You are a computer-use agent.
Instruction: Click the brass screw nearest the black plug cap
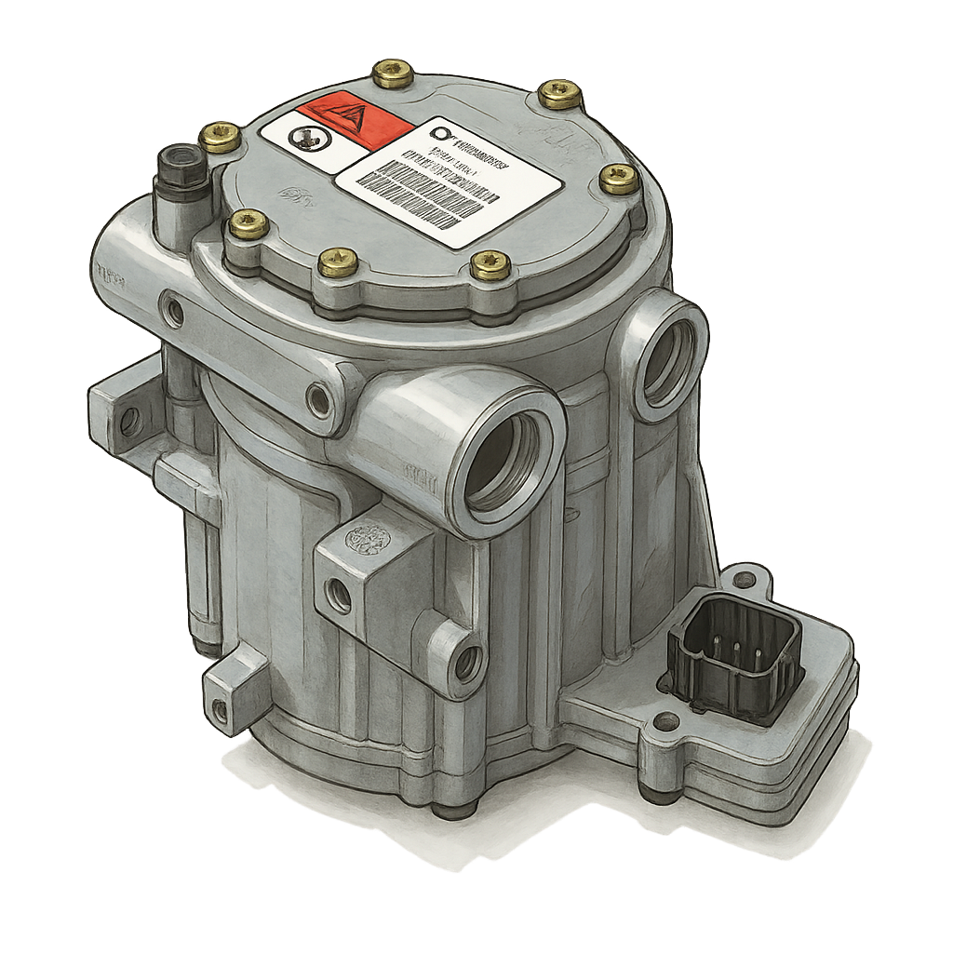tap(221, 137)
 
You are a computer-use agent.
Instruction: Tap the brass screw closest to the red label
tap(393, 74)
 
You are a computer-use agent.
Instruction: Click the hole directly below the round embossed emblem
tap(339, 595)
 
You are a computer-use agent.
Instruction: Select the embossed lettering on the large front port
tap(407, 471)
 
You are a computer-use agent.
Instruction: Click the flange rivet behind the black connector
tap(744, 580)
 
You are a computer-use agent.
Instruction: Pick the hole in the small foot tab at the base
tap(221, 711)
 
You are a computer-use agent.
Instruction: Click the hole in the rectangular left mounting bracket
tap(129, 421)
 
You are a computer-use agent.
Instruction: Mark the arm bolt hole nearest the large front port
tap(320, 400)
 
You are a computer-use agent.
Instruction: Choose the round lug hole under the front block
tap(466, 662)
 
